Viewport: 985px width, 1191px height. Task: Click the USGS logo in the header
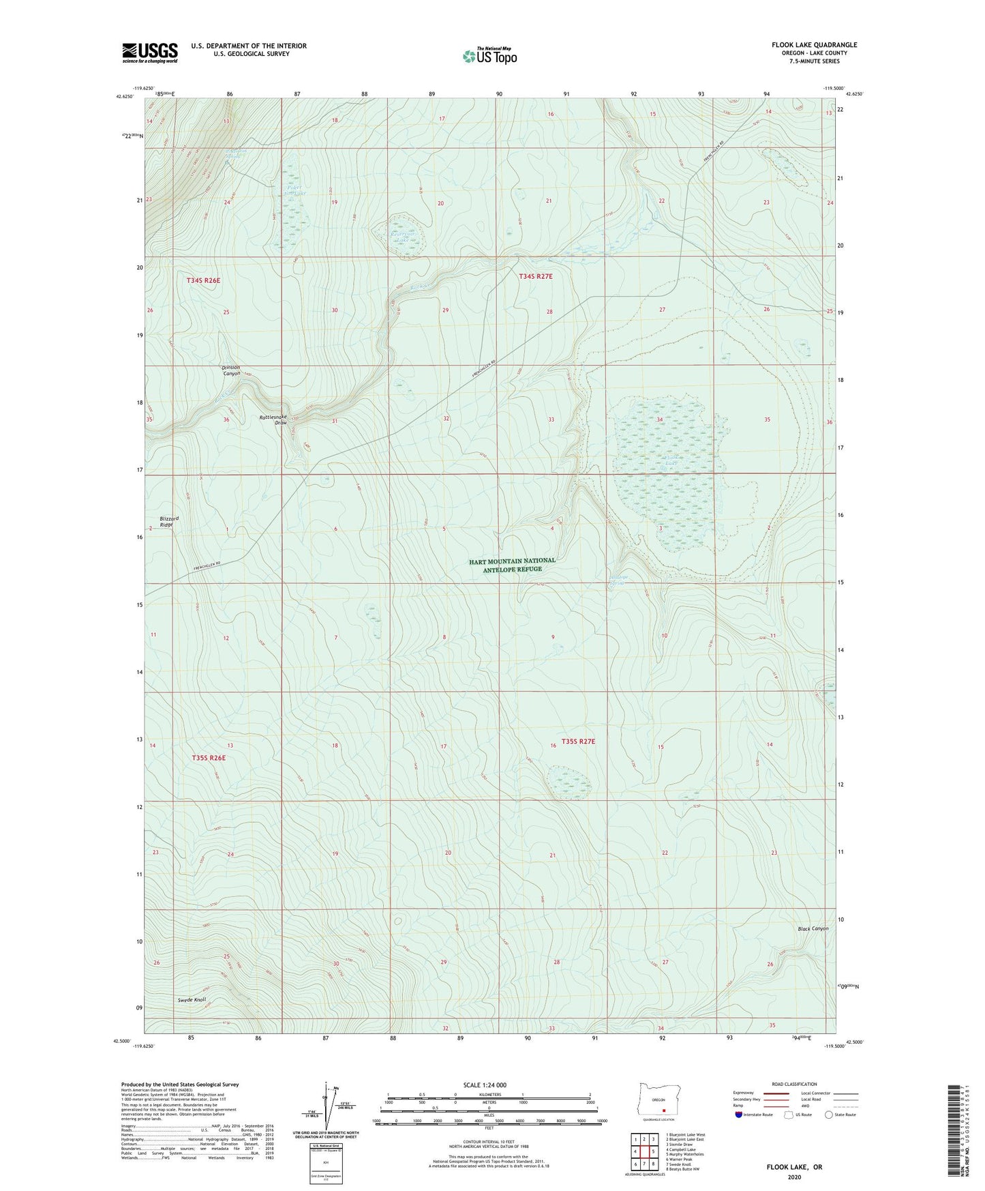click(150, 53)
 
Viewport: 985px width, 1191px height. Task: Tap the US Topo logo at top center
click(489, 56)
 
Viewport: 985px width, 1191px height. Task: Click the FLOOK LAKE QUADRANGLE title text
click(814, 45)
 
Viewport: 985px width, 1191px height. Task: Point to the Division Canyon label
click(231, 370)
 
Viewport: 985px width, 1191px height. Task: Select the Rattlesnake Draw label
click(273, 420)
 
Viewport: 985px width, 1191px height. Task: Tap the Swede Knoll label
click(192, 1000)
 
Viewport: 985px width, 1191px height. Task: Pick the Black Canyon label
click(813, 929)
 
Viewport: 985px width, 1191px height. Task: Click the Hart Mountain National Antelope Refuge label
click(512, 565)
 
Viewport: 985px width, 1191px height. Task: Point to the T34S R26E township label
click(204, 280)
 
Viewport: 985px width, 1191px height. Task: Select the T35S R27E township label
click(578, 741)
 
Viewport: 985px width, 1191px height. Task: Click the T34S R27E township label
click(536, 276)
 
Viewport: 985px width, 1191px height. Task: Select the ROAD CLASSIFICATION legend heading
click(793, 1084)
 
